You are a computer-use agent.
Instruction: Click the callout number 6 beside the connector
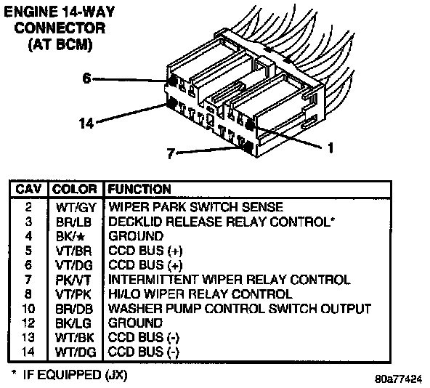tap(86, 78)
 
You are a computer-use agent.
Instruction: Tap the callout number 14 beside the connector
tap(86, 124)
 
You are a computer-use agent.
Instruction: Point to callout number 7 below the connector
tap(171, 153)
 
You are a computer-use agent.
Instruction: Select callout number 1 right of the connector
tap(330, 147)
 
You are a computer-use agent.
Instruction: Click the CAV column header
tap(28, 190)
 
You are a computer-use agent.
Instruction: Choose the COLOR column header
tap(75, 190)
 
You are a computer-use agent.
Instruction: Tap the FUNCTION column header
tap(139, 190)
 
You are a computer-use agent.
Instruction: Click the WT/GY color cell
tap(76, 208)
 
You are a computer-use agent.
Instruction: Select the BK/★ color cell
tap(70, 236)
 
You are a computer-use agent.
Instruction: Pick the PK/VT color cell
tap(73, 280)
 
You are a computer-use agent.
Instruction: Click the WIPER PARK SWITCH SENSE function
tap(195, 207)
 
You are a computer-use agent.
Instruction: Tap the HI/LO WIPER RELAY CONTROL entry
tap(200, 294)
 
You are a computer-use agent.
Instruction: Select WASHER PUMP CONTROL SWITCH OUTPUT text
tap(240, 309)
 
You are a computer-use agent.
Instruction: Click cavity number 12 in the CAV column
tap(28, 323)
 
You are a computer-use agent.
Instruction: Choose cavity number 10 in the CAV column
tap(28, 309)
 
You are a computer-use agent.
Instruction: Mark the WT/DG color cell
tap(76, 352)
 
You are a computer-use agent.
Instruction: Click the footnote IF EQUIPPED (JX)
tap(75, 375)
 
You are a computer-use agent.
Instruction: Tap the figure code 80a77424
tap(398, 379)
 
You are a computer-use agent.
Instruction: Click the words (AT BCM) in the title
tap(60, 45)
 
